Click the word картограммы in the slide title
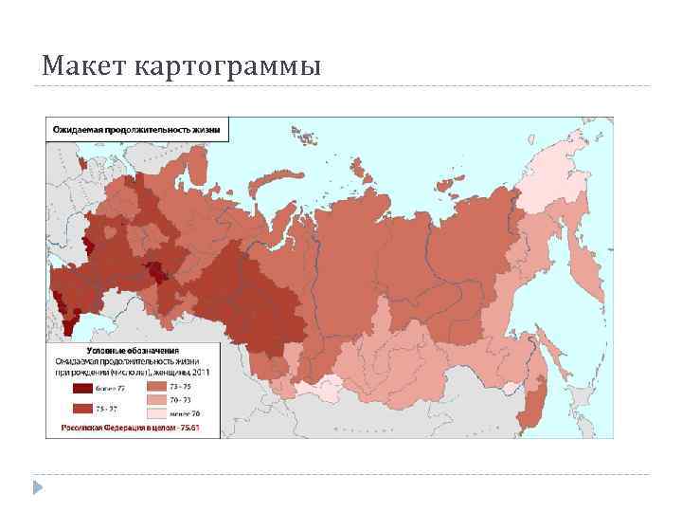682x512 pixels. (x=228, y=67)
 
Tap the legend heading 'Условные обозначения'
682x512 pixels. (x=133, y=350)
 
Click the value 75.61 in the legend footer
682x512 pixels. (x=202, y=429)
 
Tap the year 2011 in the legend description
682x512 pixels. (x=210, y=373)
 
